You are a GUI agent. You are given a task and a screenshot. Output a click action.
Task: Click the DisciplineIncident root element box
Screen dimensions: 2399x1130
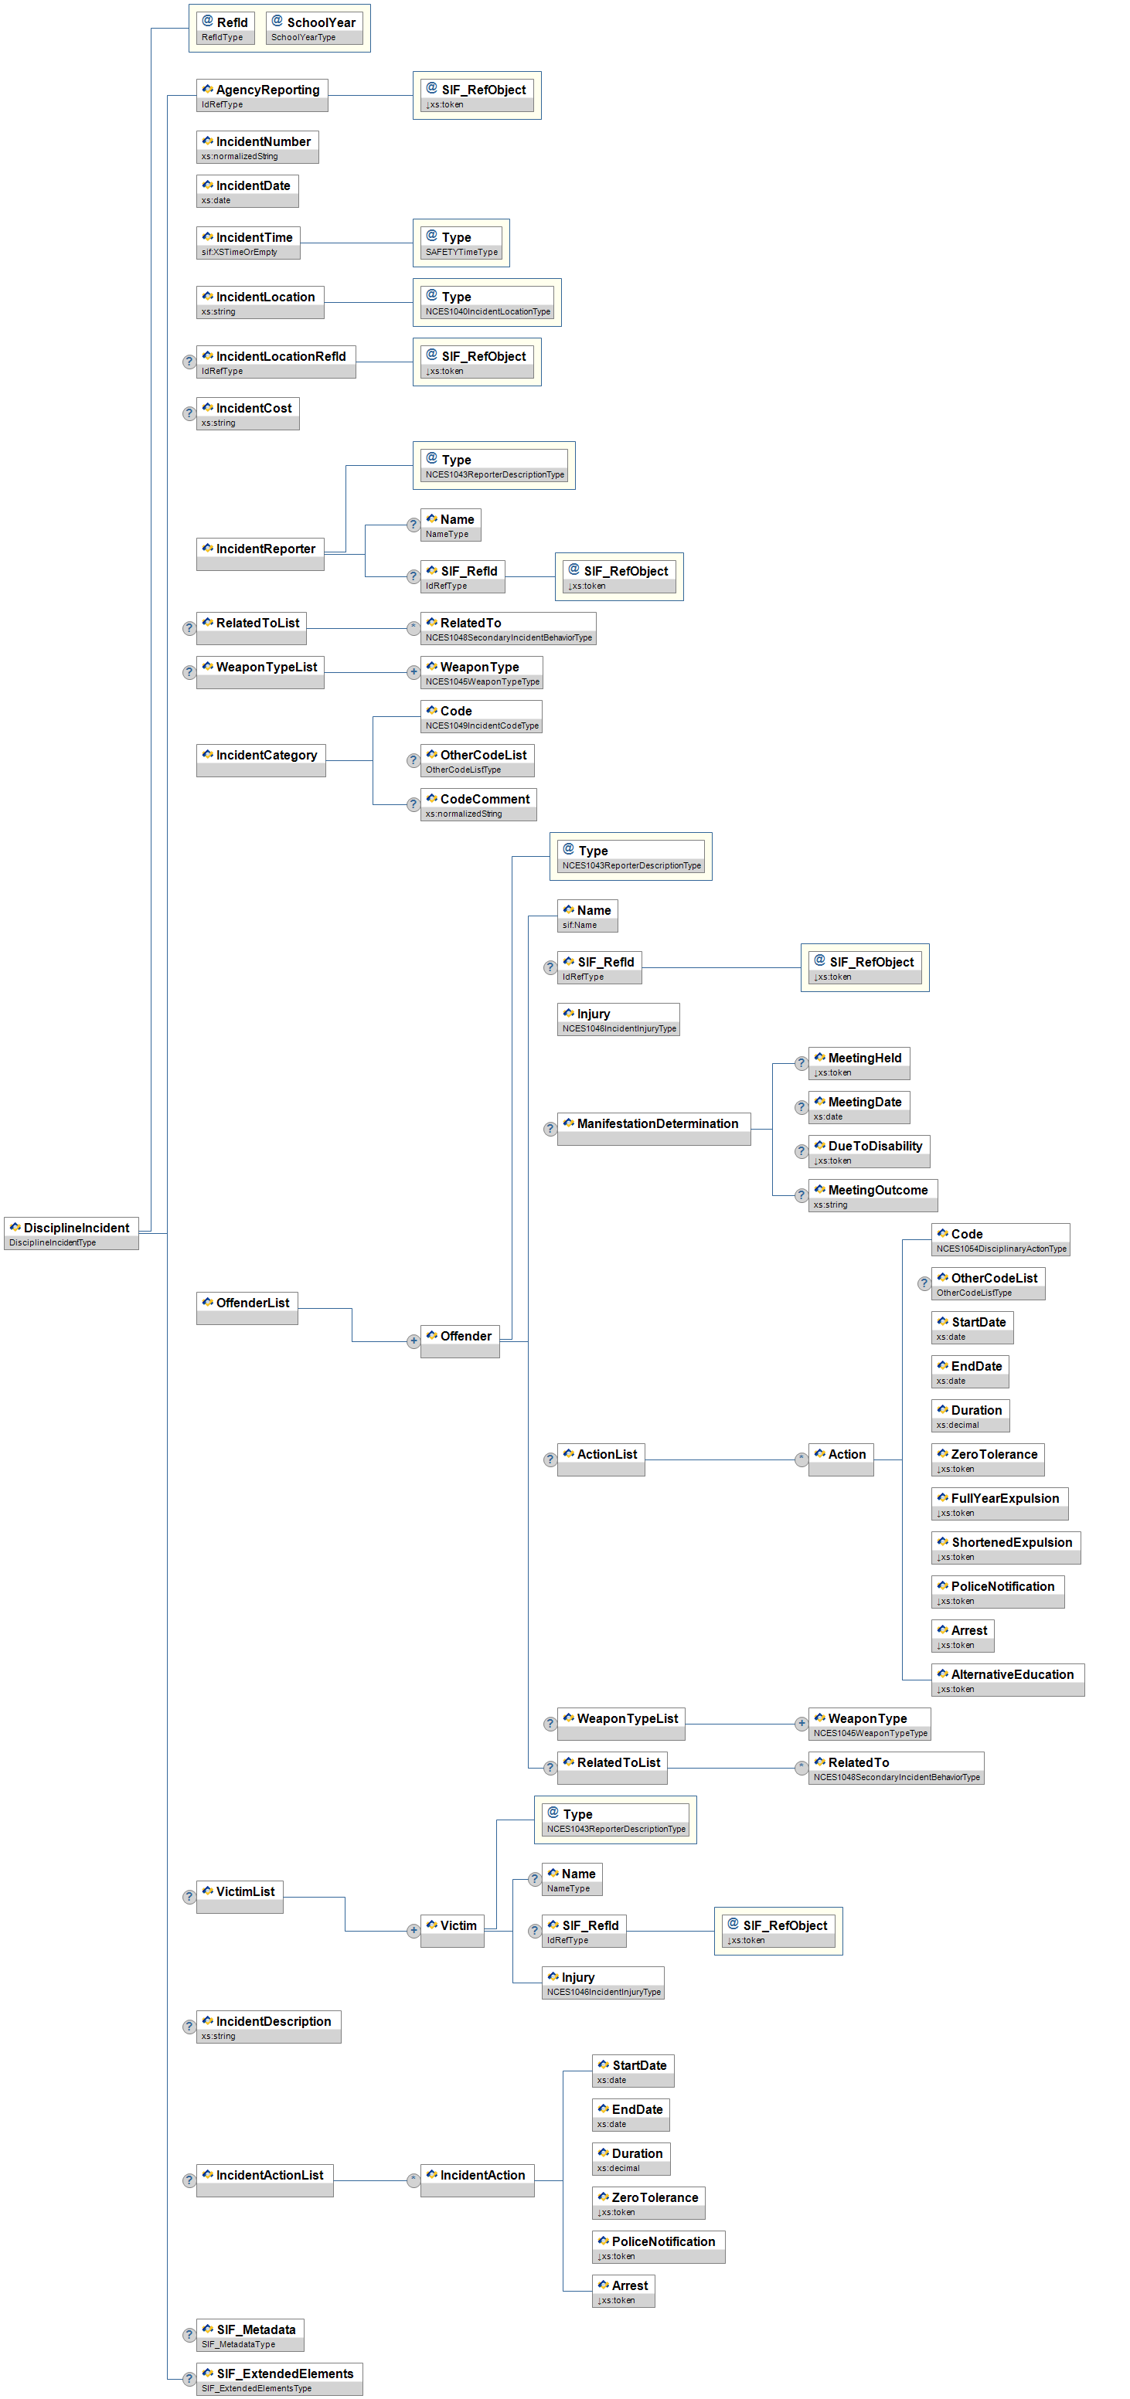pyautogui.click(x=72, y=1233)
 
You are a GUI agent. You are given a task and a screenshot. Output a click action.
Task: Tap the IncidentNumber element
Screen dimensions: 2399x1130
pyautogui.click(x=257, y=147)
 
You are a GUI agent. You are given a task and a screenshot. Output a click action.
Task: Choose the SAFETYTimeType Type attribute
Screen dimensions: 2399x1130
pyautogui.click(x=461, y=243)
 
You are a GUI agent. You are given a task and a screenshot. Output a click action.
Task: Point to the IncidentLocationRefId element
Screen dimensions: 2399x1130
pyautogui.click(x=276, y=362)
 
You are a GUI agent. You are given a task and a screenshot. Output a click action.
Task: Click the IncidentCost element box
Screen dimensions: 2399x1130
pyautogui.click(x=248, y=413)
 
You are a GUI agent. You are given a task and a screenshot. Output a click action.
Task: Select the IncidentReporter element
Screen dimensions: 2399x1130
pyautogui.click(x=260, y=553)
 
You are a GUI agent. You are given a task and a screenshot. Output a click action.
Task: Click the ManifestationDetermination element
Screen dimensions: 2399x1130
pyautogui.click(x=653, y=1129)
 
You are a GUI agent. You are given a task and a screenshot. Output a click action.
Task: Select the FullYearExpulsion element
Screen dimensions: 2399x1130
pyautogui.click(x=999, y=1503)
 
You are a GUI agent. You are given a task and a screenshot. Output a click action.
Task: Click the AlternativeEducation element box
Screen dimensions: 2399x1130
pyautogui.click(x=1007, y=1679)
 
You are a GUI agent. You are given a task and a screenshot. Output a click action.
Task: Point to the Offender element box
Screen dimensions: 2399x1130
pyautogui.click(x=459, y=1341)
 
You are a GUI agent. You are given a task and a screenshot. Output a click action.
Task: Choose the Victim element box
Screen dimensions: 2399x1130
pyautogui.click(x=452, y=1931)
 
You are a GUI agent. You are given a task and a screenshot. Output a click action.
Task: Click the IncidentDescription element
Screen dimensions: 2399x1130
pyautogui.click(x=268, y=2027)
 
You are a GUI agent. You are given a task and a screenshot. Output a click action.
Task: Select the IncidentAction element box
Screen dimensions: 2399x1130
pyautogui.click(x=477, y=2180)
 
